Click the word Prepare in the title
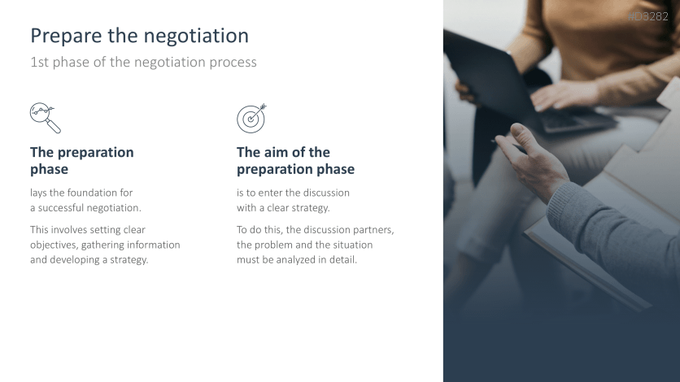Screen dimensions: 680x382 (67, 36)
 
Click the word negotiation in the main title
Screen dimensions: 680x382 (196, 36)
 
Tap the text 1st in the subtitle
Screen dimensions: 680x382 (40, 62)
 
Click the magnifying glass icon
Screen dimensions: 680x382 (45, 118)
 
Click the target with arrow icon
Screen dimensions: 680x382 (251, 118)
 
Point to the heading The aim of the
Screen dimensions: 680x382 (283, 152)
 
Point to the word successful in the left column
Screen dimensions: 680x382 (62, 208)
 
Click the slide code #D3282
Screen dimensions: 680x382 (648, 16)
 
